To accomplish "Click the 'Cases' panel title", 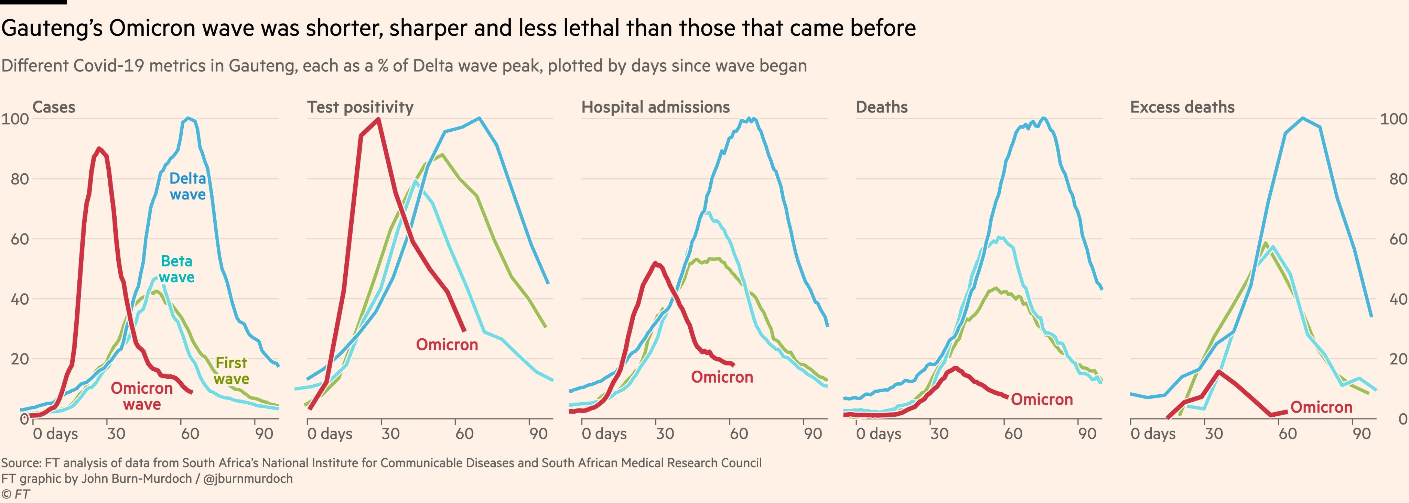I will click(54, 107).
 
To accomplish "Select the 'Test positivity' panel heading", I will click(360, 107).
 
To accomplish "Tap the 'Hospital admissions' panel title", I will click(655, 107).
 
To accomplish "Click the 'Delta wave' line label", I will click(187, 186).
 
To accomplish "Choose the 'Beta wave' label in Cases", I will click(176, 269).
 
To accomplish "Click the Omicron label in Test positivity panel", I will click(447, 345).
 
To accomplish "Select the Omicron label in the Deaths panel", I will click(1041, 400).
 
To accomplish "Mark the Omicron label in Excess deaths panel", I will click(1321, 407).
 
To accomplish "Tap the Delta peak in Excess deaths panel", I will click(1302, 118).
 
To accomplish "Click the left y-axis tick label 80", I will click(20, 179).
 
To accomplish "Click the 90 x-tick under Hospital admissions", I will click(813, 434).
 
